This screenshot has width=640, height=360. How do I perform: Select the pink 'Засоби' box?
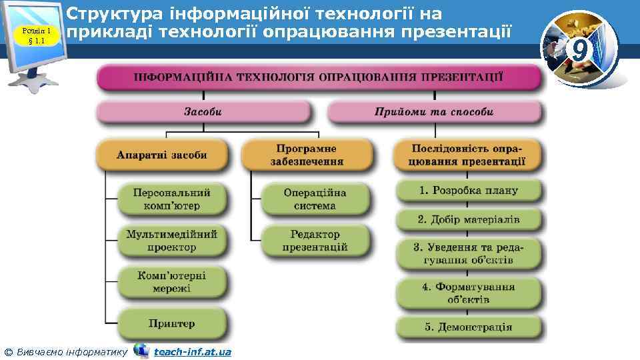[x=203, y=112]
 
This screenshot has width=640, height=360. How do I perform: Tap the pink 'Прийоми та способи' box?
[x=434, y=112]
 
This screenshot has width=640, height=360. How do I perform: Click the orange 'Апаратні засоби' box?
[x=162, y=155]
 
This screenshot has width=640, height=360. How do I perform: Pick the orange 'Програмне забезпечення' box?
[x=307, y=155]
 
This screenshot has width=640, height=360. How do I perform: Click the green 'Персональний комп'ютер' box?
[x=172, y=199]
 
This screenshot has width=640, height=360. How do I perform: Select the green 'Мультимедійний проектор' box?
[x=172, y=241]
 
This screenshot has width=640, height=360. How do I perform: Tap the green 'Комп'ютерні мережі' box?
[x=172, y=282]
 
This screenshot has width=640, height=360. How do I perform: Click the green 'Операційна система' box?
[x=315, y=199]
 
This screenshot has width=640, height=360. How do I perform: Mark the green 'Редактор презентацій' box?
[x=315, y=241]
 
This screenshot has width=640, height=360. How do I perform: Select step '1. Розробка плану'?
[x=469, y=191]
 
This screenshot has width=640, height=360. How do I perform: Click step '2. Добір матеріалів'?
[x=469, y=219]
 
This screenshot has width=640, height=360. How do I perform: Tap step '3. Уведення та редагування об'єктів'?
[x=469, y=253]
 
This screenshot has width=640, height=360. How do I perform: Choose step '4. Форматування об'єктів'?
[x=469, y=293]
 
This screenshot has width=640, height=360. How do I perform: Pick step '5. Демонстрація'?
[x=469, y=327]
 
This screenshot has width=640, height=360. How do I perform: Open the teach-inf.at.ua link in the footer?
[x=192, y=351]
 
